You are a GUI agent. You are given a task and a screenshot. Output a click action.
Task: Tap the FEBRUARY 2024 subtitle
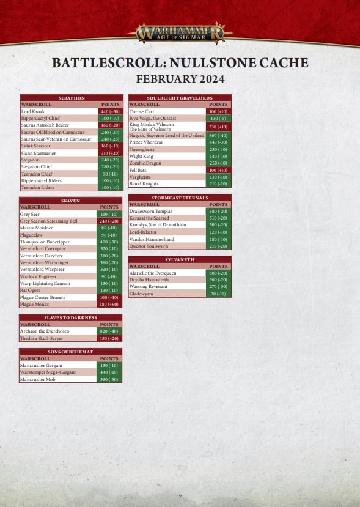tap(180, 79)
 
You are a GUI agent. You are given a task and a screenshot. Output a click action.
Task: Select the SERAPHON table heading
tap(72, 98)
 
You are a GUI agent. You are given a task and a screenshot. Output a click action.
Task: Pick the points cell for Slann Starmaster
tap(110, 153)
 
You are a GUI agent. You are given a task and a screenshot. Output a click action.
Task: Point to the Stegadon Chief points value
tap(110, 167)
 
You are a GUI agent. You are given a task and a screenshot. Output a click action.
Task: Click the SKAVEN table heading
tap(70, 201)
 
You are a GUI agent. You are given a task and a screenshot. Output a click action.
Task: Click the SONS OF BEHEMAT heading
tap(70, 352)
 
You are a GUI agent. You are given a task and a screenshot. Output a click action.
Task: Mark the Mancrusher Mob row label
tap(38, 379)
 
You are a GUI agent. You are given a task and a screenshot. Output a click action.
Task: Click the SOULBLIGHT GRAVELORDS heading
tap(180, 98)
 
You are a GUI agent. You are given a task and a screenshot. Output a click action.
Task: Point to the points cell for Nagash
tap(218, 135)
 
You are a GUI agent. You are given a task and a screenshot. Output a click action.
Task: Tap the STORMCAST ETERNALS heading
tap(180, 198)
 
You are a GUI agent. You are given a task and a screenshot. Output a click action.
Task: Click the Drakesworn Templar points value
tap(218, 211)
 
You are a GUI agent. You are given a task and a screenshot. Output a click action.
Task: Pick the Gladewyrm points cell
tap(218, 294)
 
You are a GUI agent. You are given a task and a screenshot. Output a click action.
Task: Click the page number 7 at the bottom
tap(180, 497)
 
